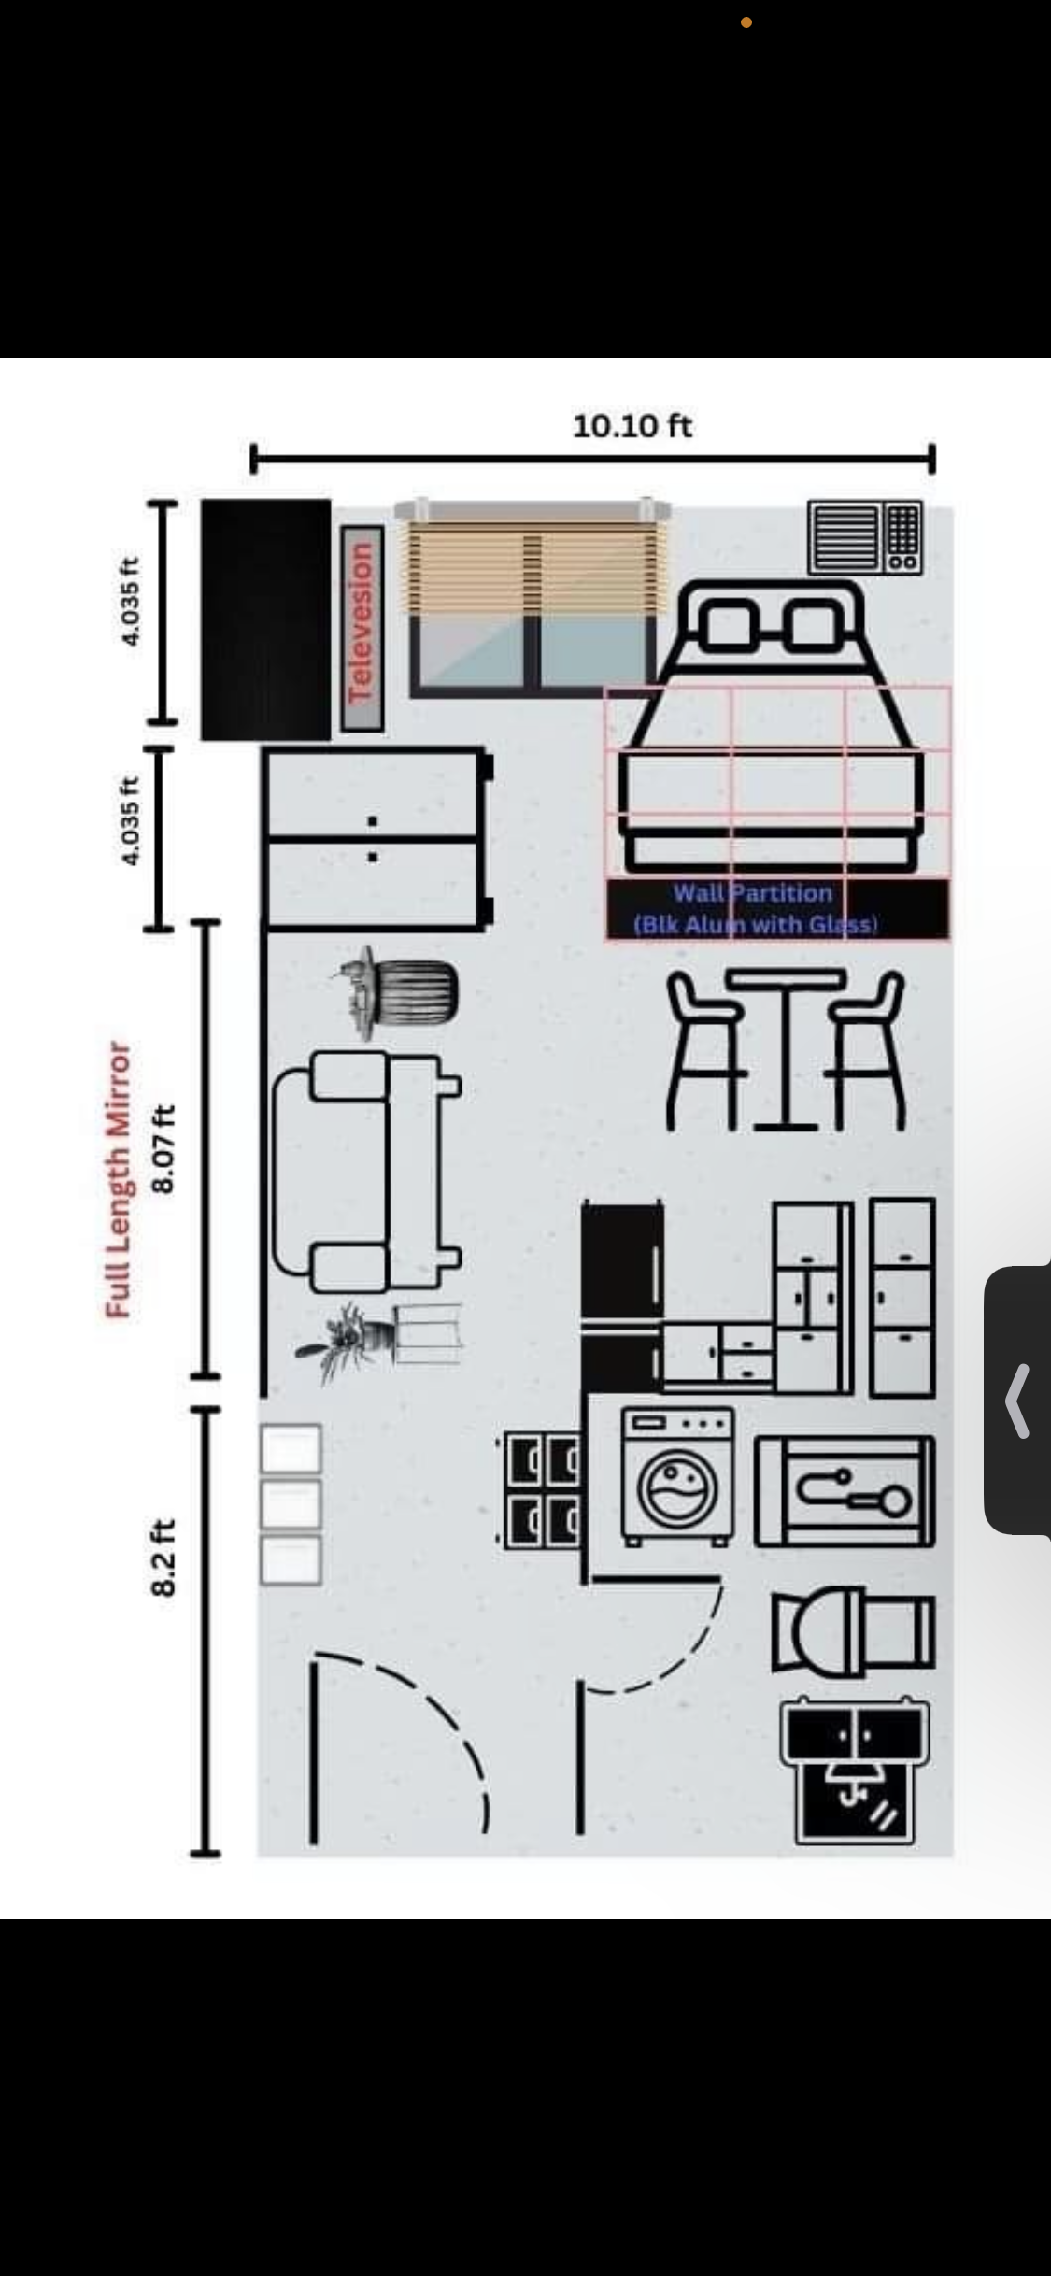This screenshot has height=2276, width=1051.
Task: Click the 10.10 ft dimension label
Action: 632,426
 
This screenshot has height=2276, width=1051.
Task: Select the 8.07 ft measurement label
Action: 163,1149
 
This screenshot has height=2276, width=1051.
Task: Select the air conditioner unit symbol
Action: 865,537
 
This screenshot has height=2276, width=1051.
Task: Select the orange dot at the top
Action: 746,22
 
